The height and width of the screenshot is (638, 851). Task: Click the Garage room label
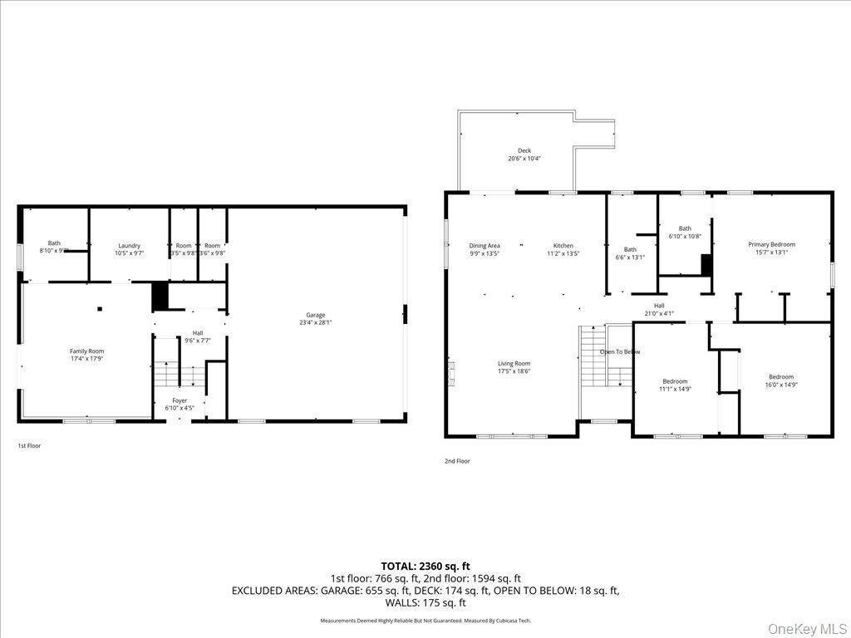pyautogui.click(x=315, y=315)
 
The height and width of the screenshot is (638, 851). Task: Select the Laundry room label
pyautogui.click(x=129, y=245)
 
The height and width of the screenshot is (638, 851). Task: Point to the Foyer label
pyautogui.click(x=180, y=400)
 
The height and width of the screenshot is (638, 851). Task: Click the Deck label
pyautogui.click(x=524, y=150)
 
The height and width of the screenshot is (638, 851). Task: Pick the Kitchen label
pyautogui.click(x=563, y=246)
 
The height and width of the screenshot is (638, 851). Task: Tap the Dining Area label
pyautogui.click(x=484, y=246)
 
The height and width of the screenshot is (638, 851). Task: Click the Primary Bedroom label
pyautogui.click(x=771, y=244)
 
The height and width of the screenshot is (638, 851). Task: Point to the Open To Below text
pyautogui.click(x=621, y=351)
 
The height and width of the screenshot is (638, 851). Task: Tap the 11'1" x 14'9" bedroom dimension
pyautogui.click(x=675, y=389)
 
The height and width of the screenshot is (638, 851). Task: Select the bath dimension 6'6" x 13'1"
pyautogui.click(x=630, y=258)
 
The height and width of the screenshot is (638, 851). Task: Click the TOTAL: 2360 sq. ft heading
pyautogui.click(x=425, y=567)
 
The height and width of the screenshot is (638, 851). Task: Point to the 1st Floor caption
pyautogui.click(x=29, y=446)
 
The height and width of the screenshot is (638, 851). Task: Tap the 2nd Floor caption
pyautogui.click(x=457, y=461)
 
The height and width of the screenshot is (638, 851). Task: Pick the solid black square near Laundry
pyautogui.click(x=160, y=297)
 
